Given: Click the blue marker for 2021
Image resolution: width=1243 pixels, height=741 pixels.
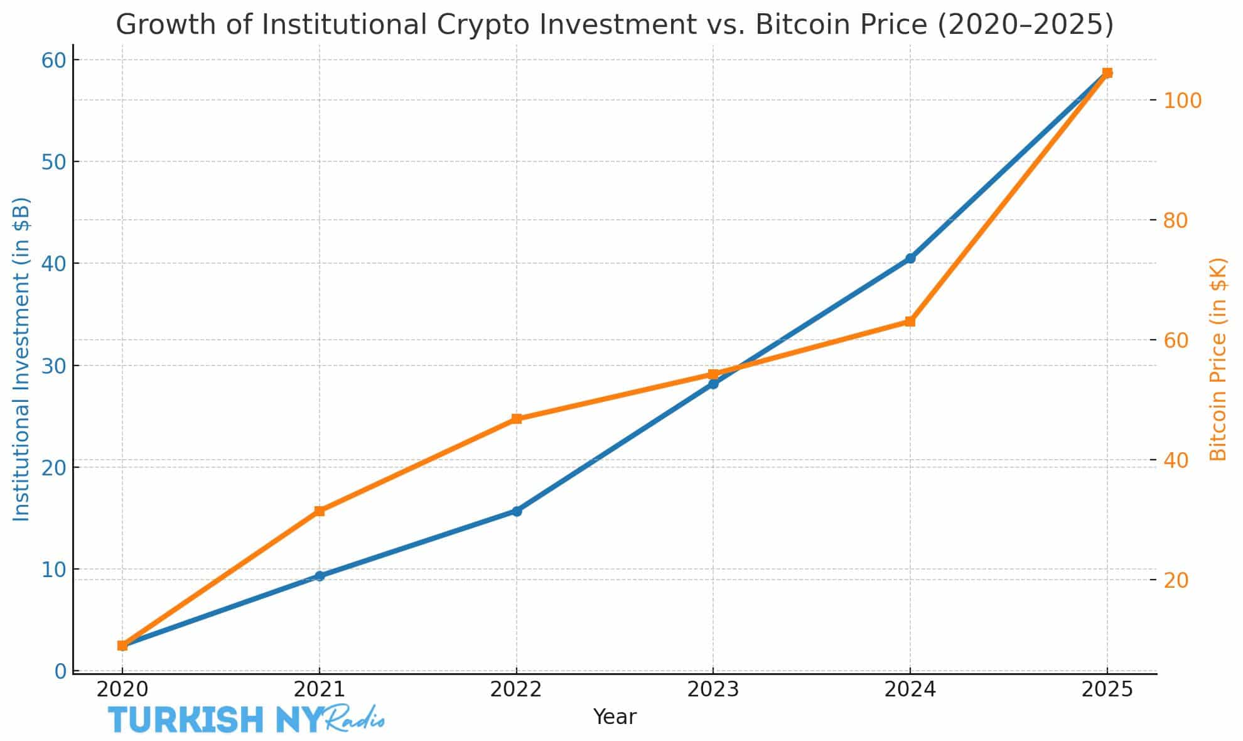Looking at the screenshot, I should pyautogui.click(x=320, y=576).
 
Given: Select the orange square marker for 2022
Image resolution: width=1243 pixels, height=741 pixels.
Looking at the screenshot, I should pyautogui.click(x=516, y=419).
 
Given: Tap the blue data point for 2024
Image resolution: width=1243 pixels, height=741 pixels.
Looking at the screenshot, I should pyautogui.click(x=910, y=258).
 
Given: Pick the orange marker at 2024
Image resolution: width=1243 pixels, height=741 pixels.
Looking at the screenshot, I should pyautogui.click(x=910, y=322).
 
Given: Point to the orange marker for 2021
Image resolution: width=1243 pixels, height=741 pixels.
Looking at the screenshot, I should pyautogui.click(x=320, y=511).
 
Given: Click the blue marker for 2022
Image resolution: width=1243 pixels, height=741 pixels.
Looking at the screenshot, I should pyautogui.click(x=516, y=511).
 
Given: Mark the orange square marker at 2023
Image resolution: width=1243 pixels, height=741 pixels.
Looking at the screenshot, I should pyautogui.click(x=713, y=374).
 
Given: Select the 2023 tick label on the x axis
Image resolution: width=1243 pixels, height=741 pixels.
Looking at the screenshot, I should pyautogui.click(x=713, y=690).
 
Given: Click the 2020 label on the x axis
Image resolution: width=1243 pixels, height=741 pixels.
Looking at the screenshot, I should pyautogui.click(x=122, y=690).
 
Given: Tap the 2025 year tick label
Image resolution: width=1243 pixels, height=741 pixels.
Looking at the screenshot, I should pyautogui.click(x=1107, y=690).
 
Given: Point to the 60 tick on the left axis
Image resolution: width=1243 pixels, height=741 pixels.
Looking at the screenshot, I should pyautogui.click(x=53, y=60).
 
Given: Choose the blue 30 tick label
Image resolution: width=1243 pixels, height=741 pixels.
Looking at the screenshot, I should pyautogui.click(x=53, y=365).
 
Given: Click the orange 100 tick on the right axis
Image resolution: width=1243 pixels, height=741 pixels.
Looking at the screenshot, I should pyautogui.click(x=1183, y=100).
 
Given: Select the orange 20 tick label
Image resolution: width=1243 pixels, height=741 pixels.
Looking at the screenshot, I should pyautogui.click(x=1176, y=580).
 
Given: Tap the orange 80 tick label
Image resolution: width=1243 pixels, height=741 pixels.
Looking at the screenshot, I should pyautogui.click(x=1176, y=220).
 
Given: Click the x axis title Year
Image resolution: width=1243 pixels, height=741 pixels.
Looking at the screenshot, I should pyautogui.click(x=615, y=717).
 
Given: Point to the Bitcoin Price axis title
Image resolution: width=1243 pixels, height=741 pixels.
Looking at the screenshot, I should pyautogui.click(x=1218, y=359).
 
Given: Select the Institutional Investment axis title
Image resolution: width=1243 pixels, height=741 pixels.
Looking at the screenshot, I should pyautogui.click(x=22, y=359).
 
